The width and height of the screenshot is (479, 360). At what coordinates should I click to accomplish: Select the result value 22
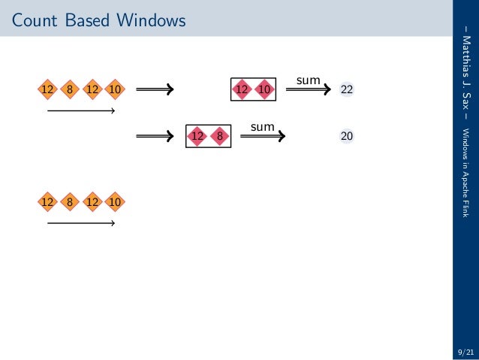point(347,90)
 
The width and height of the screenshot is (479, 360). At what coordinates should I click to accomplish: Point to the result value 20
point(347,137)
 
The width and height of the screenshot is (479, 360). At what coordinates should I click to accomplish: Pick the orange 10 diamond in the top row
point(115,90)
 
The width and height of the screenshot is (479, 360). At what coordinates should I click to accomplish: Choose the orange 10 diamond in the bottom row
point(115,201)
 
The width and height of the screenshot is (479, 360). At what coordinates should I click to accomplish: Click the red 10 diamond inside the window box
point(264,90)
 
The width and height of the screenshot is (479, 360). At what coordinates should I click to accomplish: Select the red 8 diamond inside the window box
point(219,137)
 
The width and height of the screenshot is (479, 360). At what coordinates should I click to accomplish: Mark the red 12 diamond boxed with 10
point(242,90)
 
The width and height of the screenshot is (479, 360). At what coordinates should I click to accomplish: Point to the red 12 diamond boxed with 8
point(197,137)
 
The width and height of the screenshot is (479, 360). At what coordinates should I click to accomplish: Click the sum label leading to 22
point(308,79)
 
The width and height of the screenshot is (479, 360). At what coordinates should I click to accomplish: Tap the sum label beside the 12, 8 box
point(262,127)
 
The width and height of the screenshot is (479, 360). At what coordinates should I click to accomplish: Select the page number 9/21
point(465,351)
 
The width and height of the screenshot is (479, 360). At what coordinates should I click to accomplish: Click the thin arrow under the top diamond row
point(80,112)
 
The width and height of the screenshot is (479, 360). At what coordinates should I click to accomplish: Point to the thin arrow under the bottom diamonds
point(80,223)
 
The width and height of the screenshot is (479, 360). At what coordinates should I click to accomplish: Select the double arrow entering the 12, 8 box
point(155,137)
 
